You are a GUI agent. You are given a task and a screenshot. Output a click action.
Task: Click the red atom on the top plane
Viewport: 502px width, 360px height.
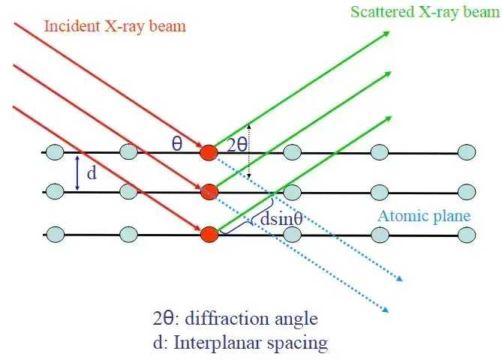tap(209, 152)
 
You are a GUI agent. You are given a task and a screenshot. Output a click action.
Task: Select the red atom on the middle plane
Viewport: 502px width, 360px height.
tap(209, 192)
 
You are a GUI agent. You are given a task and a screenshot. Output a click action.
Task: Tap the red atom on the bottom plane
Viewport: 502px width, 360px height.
tap(209, 235)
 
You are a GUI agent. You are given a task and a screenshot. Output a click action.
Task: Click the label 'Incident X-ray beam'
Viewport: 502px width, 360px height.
tap(115, 26)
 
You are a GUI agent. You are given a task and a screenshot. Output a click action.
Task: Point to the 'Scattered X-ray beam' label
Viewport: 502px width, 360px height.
tap(425, 12)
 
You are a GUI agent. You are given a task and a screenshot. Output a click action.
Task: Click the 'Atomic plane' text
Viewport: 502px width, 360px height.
tap(424, 216)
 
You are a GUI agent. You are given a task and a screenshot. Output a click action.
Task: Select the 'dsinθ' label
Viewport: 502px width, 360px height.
tap(281, 219)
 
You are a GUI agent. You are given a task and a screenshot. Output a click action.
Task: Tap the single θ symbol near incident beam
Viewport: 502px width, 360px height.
tap(177, 144)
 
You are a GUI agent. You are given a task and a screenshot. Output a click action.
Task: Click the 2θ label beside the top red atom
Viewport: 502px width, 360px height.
tap(237, 145)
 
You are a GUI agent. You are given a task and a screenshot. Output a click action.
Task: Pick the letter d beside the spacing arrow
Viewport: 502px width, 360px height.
tap(92, 173)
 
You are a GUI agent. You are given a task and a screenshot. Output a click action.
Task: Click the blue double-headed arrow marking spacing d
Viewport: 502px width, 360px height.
tap(77, 173)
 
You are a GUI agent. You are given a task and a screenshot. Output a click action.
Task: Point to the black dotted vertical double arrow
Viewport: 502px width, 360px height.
tap(250, 151)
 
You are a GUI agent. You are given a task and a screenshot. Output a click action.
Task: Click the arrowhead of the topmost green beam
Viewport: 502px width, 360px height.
tap(386, 33)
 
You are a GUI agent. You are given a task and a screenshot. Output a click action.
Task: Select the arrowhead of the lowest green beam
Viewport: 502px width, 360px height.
tap(388, 119)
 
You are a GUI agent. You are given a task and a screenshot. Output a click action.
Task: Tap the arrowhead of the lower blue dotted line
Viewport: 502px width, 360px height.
tap(385, 310)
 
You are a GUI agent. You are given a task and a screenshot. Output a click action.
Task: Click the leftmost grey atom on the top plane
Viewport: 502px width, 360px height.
tap(55, 152)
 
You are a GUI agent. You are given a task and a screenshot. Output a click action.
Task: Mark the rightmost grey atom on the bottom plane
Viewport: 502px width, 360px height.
tap(467, 235)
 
